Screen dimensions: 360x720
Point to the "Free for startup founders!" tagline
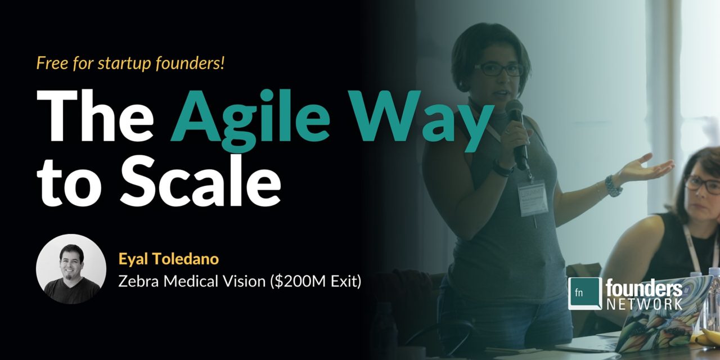(130, 63)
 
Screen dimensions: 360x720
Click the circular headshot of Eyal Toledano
(71, 269)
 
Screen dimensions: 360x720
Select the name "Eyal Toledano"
(168, 259)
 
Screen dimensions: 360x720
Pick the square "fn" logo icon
(584, 293)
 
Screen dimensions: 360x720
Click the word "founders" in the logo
(644, 289)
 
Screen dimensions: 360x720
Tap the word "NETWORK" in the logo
(644, 304)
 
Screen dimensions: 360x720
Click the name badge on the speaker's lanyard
(532, 198)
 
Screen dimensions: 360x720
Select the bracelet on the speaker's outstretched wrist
(613, 186)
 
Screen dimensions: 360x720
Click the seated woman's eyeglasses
(703, 184)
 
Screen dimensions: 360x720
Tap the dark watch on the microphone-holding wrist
(502, 168)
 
